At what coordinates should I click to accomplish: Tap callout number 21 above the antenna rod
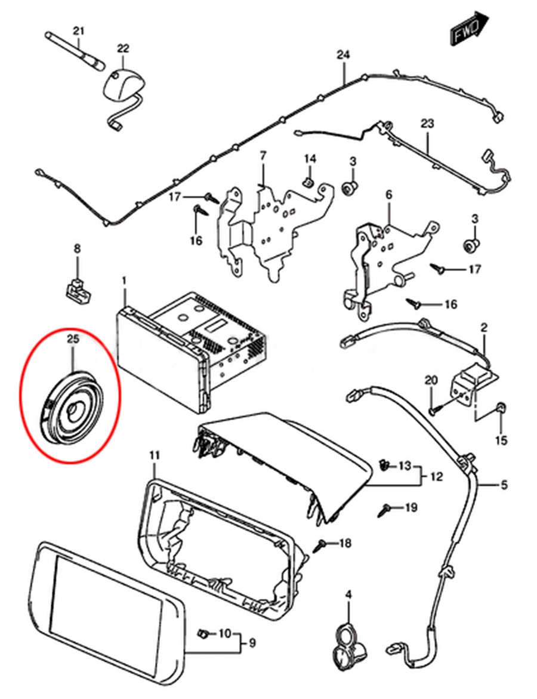(x=79, y=30)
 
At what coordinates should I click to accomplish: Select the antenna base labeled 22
(x=123, y=81)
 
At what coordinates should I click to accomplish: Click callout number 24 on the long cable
(x=342, y=55)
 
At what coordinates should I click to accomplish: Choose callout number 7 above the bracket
(x=263, y=156)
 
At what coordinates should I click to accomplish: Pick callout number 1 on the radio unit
(x=124, y=280)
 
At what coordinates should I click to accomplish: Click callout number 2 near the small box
(x=484, y=327)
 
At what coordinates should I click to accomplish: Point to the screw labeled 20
(x=433, y=411)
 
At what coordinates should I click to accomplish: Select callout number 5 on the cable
(x=504, y=485)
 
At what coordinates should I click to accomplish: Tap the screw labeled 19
(x=385, y=509)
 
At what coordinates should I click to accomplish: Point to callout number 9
(x=252, y=643)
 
